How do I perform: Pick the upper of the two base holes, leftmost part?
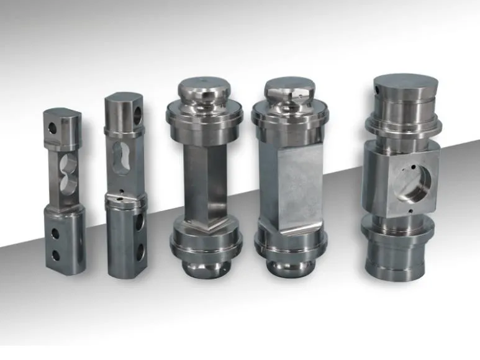[x=55, y=234]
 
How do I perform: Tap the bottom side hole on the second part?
[x=140, y=251]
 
